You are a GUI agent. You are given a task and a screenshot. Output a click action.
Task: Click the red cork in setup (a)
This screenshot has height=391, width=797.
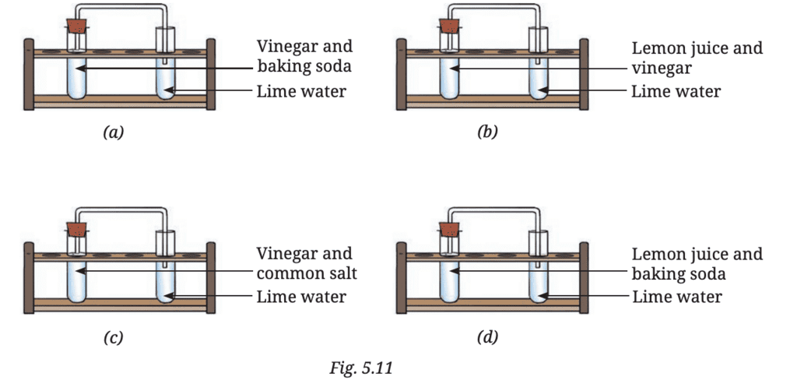[x=76, y=24]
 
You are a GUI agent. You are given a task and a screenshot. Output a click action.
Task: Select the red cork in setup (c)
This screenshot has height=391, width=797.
[x=76, y=230]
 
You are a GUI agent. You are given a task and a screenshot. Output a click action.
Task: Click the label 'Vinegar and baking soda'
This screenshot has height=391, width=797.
[x=304, y=57]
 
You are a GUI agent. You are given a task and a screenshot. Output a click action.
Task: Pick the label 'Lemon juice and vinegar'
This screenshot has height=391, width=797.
[x=697, y=58]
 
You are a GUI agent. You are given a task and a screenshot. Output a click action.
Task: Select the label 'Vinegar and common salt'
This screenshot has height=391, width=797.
[x=304, y=263]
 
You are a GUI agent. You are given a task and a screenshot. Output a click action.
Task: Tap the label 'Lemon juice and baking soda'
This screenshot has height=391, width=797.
[x=697, y=264]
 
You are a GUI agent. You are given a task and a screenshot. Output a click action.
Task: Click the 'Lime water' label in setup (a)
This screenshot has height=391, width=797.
[x=301, y=91]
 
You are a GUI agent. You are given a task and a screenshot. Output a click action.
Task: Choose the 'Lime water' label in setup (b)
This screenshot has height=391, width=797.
[x=676, y=91]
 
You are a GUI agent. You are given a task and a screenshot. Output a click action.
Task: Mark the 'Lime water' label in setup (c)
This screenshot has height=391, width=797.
[x=301, y=297]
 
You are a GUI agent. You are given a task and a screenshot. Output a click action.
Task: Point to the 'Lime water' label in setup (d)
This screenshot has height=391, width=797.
[x=676, y=297]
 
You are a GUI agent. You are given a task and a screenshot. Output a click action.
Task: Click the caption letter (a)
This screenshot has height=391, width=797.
[x=114, y=132]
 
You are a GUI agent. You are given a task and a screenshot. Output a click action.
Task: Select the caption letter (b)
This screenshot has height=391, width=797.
[x=487, y=132]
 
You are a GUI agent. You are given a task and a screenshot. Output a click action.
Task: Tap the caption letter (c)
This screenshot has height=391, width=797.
[x=114, y=338]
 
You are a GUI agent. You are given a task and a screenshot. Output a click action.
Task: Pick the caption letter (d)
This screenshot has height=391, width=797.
[x=487, y=338]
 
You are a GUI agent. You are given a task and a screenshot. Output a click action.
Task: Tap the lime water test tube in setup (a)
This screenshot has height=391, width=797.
[x=167, y=78]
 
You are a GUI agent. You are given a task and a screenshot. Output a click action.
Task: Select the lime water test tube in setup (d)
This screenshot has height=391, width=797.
[x=539, y=284]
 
